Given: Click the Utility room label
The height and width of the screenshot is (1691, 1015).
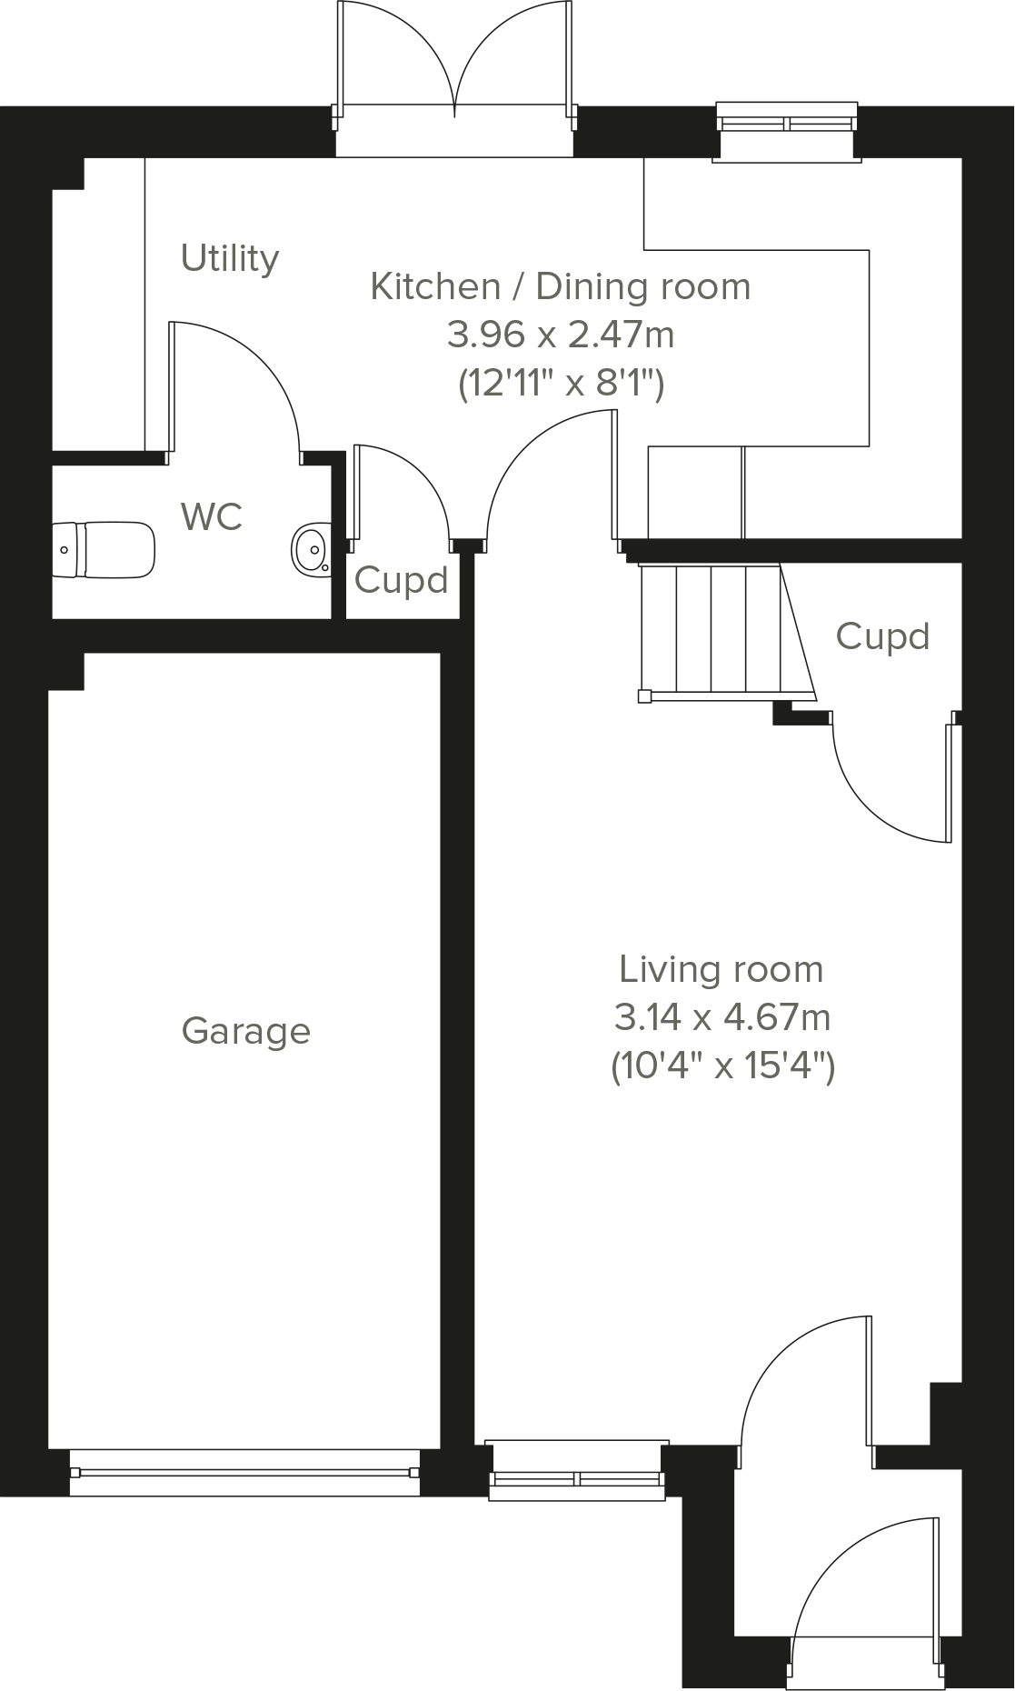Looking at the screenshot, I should click(x=230, y=259).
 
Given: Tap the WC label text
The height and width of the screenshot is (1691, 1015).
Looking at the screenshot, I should click(x=212, y=517).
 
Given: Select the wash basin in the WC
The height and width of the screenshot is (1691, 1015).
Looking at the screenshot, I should click(x=311, y=549).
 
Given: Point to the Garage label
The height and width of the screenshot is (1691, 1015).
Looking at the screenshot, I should click(x=245, y=1031).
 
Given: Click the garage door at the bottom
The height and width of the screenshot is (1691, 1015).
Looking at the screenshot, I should click(x=244, y=1472).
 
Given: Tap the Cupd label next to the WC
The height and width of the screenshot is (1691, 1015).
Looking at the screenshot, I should click(x=401, y=580).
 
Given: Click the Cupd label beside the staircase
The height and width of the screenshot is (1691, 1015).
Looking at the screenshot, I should click(x=881, y=636).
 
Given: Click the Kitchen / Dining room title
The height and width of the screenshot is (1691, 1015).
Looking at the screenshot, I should click(x=560, y=286).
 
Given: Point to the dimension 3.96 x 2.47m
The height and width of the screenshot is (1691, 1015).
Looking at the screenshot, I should click(x=560, y=335).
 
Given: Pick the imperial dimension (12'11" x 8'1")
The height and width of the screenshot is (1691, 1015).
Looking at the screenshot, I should click(x=560, y=384).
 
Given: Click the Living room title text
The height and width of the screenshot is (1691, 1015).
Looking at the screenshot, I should click(x=721, y=969).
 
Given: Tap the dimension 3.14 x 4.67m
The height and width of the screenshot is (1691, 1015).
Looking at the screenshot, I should click(x=721, y=1017).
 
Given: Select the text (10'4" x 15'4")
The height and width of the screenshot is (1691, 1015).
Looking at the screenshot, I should click(x=721, y=1066).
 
